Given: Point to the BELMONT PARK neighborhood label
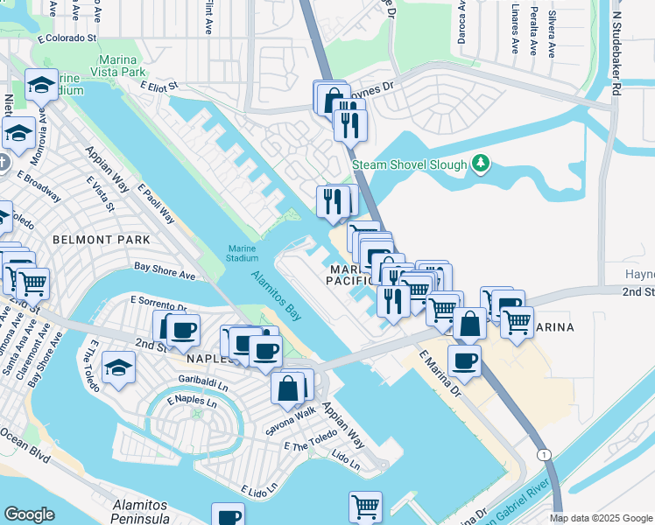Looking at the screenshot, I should (101, 239).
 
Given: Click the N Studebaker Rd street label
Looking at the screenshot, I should (616, 52).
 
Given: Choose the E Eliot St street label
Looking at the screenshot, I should (158, 86).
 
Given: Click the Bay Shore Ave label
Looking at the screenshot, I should (164, 275).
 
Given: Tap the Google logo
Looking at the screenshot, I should (29, 514).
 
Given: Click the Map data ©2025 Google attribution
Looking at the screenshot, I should (601, 518).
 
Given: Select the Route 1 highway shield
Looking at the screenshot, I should (544, 454).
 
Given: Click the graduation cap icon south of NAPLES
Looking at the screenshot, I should (118, 368).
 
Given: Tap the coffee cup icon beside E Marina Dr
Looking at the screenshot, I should (464, 360).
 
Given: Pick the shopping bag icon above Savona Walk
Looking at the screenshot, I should (287, 387).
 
